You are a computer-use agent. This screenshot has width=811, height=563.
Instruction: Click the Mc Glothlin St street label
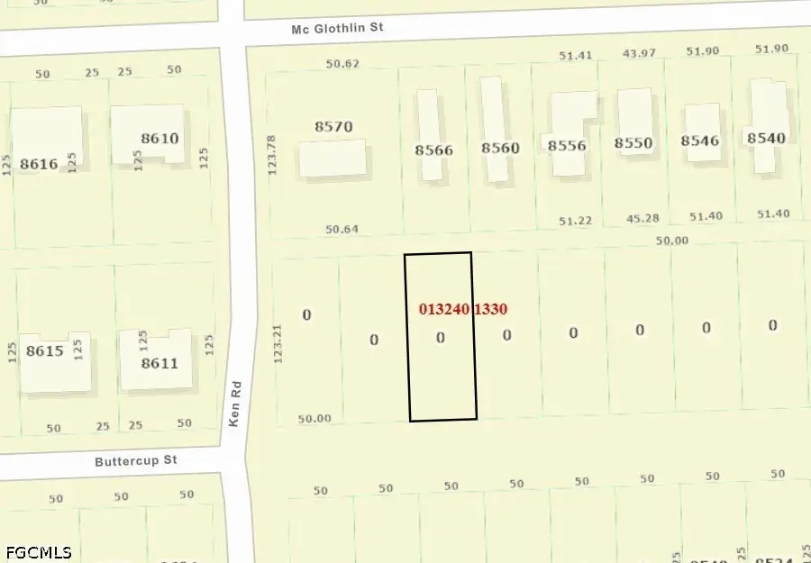click(x=338, y=28)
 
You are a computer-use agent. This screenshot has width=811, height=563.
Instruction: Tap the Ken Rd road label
click(x=234, y=413)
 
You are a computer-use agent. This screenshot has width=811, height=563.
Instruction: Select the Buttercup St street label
click(x=136, y=460)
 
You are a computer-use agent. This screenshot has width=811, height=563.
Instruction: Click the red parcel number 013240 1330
click(x=463, y=309)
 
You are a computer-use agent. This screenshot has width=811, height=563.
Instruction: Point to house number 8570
click(x=333, y=127)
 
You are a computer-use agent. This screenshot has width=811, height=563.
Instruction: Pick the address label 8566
click(x=433, y=150)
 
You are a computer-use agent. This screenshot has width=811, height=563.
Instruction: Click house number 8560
click(x=500, y=148)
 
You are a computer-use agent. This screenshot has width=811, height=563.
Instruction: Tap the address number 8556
click(x=567, y=145)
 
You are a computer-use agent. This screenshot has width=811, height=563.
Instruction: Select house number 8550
click(x=633, y=143)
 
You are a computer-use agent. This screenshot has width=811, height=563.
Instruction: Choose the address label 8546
click(x=700, y=141)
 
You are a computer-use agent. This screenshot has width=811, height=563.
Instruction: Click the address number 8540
click(x=766, y=138)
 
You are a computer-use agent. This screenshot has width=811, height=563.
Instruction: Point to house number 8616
click(x=39, y=164)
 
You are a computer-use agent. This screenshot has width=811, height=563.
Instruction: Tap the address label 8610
click(x=160, y=139)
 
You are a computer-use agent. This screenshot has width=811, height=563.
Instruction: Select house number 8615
click(x=45, y=351)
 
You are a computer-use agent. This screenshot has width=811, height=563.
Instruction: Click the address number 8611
click(x=159, y=364)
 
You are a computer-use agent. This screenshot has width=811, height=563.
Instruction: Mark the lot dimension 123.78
click(x=271, y=154)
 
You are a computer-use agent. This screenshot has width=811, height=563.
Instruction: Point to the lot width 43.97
click(x=639, y=53)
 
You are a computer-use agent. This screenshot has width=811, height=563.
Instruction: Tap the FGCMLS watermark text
click(x=38, y=551)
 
